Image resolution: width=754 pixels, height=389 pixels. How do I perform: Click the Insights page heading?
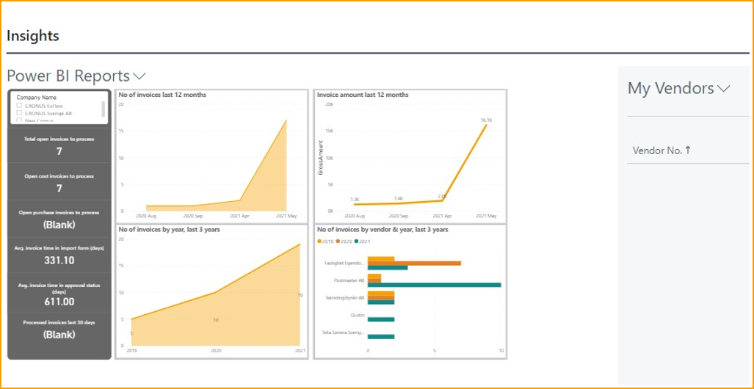point(33,36)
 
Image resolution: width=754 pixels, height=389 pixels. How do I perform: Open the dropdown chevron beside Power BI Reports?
point(139,76)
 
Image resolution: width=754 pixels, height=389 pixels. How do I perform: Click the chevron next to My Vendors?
point(724,89)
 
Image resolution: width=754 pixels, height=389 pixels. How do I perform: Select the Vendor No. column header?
point(661,150)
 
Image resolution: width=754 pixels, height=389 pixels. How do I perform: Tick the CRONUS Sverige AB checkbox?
point(20,114)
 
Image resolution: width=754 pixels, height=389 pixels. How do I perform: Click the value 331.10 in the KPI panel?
point(59,261)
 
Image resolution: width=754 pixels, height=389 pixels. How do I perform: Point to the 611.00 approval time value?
point(59,302)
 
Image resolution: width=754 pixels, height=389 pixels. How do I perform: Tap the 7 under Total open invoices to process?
point(59,151)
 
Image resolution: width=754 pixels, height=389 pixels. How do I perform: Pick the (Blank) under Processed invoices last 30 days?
point(59,335)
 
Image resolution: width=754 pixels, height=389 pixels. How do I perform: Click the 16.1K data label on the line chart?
point(486,120)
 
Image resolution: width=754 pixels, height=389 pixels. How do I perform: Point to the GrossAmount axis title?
point(321,158)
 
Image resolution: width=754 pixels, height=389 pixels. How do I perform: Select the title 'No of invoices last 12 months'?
point(162,95)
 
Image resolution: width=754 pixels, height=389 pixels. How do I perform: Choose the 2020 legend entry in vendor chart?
point(343,241)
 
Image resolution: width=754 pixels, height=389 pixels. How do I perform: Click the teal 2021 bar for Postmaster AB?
point(434,284)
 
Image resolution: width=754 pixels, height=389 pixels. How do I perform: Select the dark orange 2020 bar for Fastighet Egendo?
point(414,263)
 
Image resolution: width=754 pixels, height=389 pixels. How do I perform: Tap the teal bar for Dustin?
point(380,319)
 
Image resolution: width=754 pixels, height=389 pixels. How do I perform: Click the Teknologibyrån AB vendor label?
point(345,298)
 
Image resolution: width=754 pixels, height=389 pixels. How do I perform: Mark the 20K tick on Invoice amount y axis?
point(330,104)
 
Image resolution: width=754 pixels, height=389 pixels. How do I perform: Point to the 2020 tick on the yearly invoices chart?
point(216,352)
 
